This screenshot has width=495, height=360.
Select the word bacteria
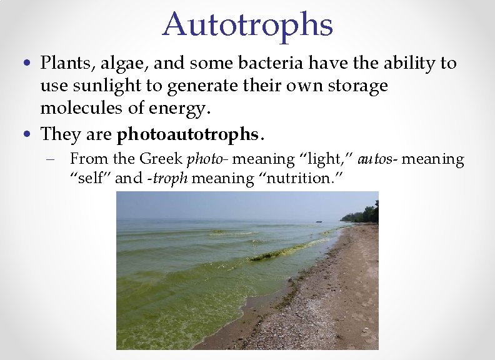(269, 63)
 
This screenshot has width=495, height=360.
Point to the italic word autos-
(376, 159)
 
